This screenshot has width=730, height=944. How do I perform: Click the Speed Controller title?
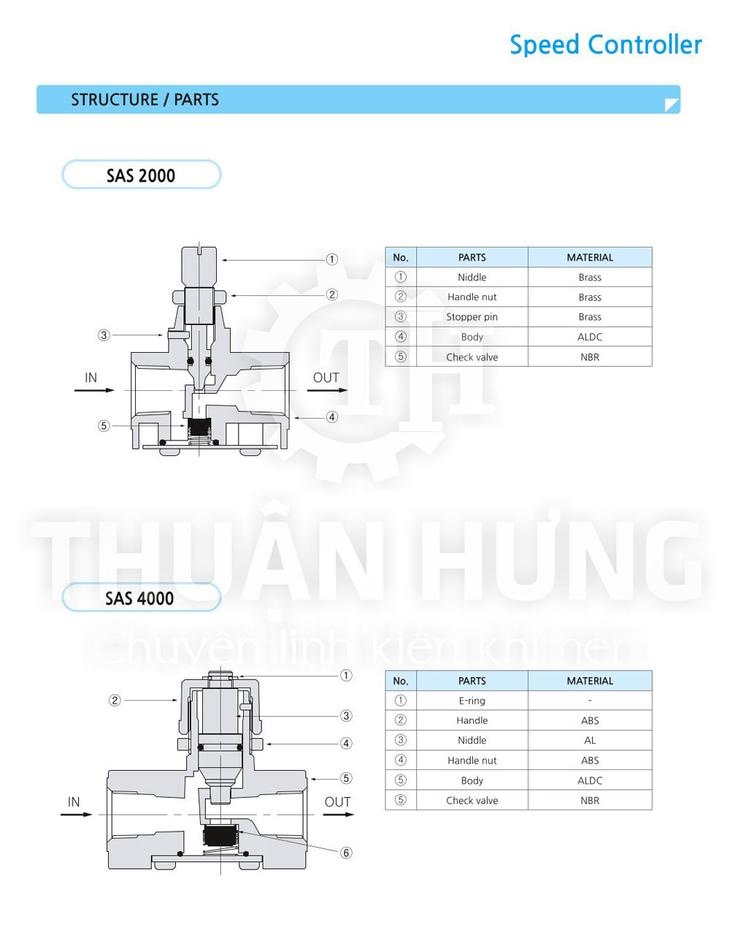click(605, 45)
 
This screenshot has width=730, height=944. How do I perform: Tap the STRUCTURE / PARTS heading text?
click(145, 99)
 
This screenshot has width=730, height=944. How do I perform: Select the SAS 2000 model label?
click(141, 175)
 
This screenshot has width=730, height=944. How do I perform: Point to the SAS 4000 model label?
click(139, 598)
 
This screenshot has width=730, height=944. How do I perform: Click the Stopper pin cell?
click(472, 316)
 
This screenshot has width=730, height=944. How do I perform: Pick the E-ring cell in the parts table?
click(472, 701)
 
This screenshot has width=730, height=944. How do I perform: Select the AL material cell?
click(589, 740)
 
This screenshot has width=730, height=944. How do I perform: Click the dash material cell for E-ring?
click(589, 701)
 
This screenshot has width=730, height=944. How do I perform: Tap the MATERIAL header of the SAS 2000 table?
click(589, 257)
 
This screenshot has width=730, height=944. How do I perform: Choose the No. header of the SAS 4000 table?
click(401, 681)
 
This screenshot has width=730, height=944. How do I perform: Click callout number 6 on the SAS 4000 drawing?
click(346, 853)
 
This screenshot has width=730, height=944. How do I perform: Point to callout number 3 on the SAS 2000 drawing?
click(104, 335)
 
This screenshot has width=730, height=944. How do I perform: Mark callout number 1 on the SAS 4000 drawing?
click(346, 675)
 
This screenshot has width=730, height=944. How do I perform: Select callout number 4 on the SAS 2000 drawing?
click(332, 417)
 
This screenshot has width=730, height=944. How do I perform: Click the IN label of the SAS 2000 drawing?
click(91, 378)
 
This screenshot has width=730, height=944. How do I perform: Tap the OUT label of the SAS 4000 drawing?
click(337, 802)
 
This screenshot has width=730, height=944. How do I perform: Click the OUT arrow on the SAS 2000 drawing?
click(327, 390)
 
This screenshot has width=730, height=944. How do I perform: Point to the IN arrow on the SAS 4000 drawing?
click(77, 814)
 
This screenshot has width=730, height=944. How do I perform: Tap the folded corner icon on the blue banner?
click(672, 105)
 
